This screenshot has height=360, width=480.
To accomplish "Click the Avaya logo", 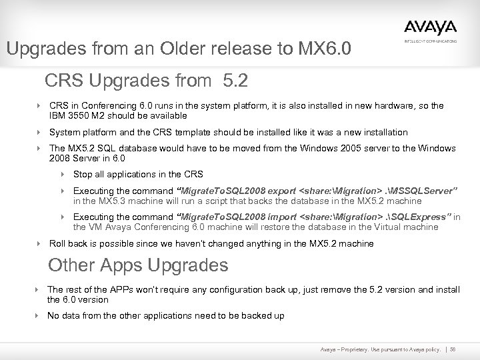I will [430, 27].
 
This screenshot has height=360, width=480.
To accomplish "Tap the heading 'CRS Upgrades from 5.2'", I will [146, 81].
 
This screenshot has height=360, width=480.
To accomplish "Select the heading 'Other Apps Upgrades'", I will [138, 265].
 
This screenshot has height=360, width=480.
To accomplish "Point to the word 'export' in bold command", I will [274, 191].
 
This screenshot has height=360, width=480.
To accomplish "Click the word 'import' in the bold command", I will [273, 217].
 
